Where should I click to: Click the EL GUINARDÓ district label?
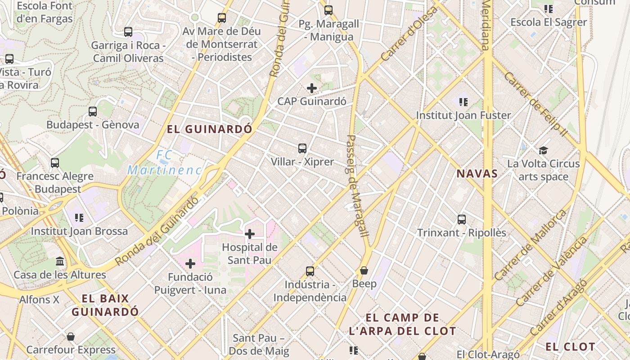click(209, 129)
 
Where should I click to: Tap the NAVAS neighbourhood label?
click(477, 174)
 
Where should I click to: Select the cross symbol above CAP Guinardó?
click(311, 88)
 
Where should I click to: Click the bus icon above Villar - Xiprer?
click(302, 148)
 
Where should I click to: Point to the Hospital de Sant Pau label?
click(249, 253)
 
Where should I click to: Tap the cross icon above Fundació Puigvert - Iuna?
click(190, 264)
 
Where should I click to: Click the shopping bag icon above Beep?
click(364, 270)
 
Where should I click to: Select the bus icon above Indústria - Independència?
click(310, 271)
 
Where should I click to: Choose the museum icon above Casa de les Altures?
click(60, 261)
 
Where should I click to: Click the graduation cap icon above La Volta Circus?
click(544, 150)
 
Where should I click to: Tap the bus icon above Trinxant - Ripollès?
click(462, 220)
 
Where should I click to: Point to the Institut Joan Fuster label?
click(463, 115)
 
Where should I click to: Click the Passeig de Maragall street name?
click(358, 186)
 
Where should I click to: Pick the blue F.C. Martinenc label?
click(165, 163)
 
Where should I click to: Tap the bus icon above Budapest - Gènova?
click(93, 111)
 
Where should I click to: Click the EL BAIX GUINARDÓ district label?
click(105, 305)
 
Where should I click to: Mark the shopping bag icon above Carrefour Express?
click(71, 337)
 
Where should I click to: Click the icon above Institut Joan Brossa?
click(79, 218)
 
